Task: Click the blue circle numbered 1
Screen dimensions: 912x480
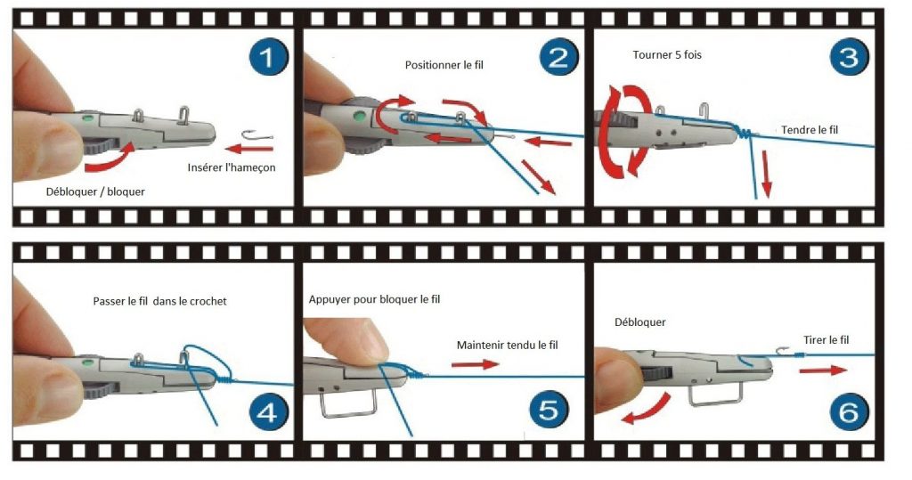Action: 269,57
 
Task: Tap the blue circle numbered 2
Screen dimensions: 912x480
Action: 558,57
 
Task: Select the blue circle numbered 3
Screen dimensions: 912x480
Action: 849,57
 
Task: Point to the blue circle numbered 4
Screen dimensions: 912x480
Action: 269,411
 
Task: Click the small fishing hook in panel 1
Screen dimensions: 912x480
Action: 257,135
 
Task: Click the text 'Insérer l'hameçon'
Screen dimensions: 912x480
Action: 232,167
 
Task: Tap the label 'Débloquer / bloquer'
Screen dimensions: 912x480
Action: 95,191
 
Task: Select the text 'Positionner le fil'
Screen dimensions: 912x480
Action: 444,65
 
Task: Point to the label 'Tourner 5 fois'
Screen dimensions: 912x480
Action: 667,54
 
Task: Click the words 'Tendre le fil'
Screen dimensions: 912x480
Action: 810,130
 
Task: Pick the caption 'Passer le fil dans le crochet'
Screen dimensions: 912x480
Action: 160,301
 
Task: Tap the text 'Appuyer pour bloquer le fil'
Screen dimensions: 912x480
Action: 375,299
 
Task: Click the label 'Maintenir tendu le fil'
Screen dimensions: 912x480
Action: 507,345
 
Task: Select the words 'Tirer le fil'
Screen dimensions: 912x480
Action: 826,340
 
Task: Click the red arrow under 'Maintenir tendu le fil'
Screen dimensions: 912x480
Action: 476,365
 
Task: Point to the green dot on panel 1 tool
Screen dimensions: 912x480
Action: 88,119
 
